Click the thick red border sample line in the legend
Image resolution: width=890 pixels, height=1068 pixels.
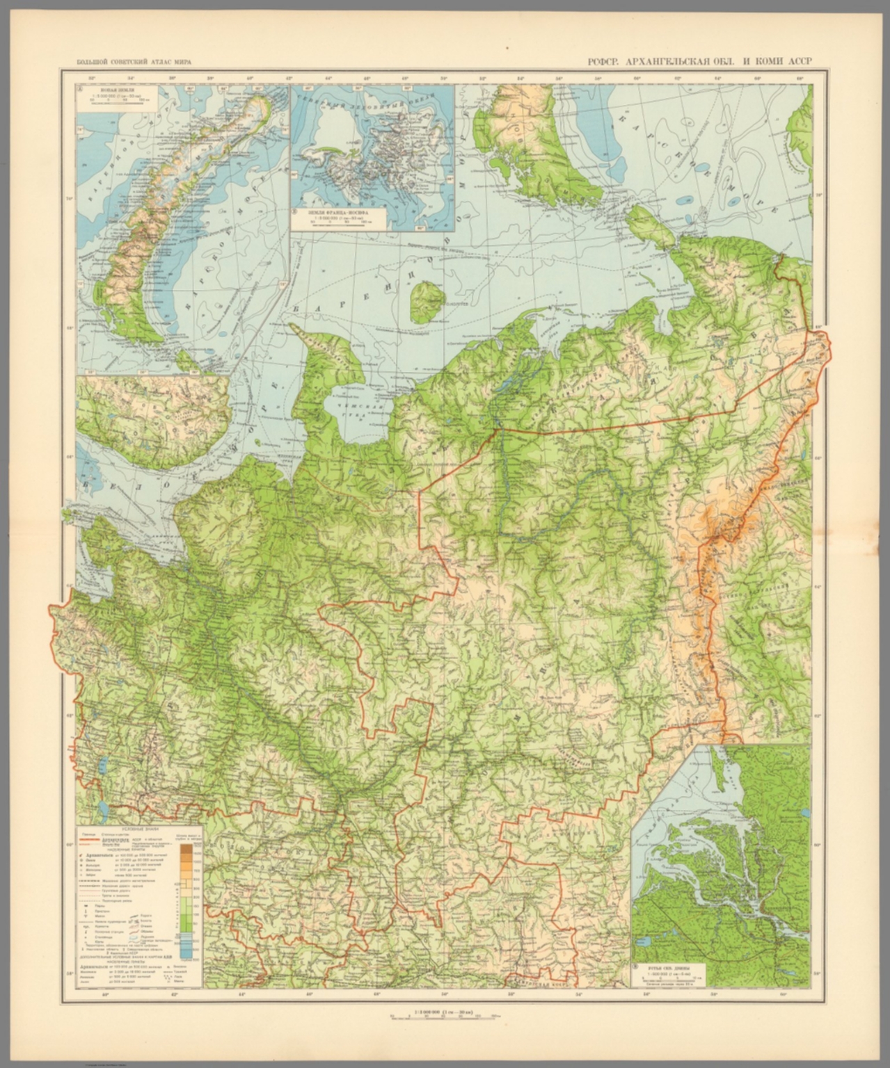click(x=92, y=839)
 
